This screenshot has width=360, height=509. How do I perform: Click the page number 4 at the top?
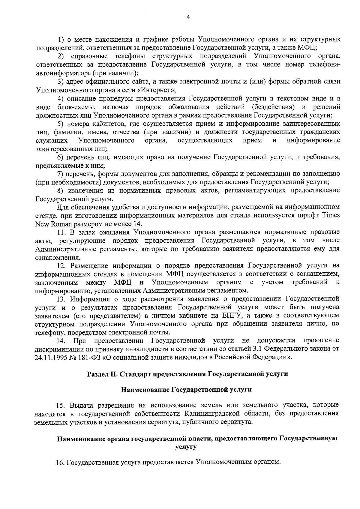tap(188, 17)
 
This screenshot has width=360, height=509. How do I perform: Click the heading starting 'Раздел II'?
tap(187, 374)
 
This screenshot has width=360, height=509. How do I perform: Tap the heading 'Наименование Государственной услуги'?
tap(186, 390)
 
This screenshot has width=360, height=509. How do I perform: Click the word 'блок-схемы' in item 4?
tap(74, 107)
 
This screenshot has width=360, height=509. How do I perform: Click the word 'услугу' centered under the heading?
tap(186, 447)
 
